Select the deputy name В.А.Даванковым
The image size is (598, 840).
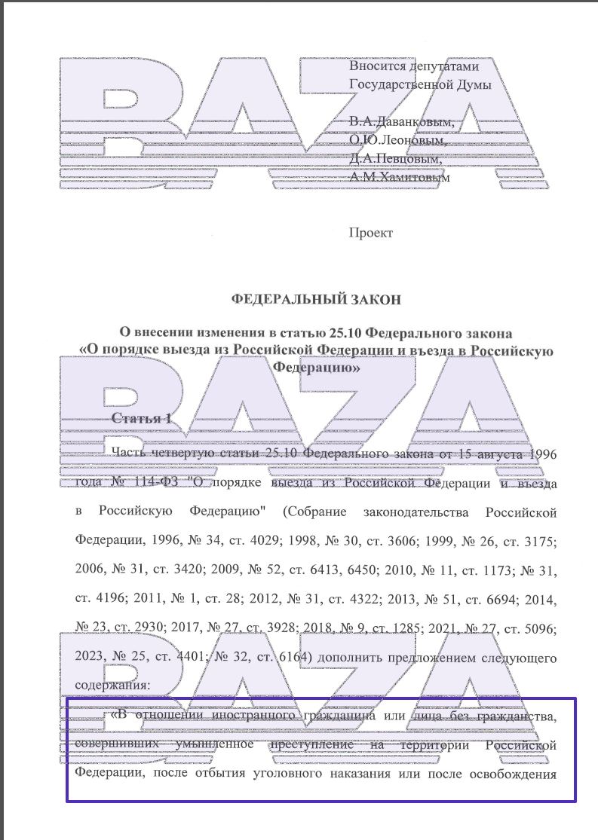tap(401, 122)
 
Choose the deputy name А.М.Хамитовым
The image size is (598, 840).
tap(399, 179)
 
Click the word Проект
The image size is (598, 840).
tap(370, 233)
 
